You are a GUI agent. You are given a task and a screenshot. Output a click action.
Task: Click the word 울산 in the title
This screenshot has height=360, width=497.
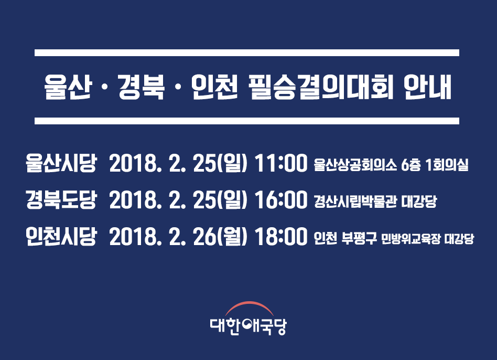point(68,87)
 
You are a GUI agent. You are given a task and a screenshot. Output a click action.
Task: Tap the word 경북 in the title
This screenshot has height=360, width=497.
point(142,87)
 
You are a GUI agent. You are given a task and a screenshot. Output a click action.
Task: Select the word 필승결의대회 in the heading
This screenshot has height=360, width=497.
point(321,87)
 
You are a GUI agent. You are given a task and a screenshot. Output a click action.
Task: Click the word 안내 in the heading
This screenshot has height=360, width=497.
point(428,87)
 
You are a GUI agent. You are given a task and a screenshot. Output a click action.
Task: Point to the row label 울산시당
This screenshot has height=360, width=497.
point(61,163)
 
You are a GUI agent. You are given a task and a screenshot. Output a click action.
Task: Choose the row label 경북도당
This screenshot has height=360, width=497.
point(61,200)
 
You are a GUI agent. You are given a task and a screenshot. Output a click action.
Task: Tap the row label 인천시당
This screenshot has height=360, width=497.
point(61,236)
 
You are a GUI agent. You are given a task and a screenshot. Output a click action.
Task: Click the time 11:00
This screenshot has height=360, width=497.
point(281,163)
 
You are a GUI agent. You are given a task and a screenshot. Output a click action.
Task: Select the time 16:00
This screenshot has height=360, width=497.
point(281,200)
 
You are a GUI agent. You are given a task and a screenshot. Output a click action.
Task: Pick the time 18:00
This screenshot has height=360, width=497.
point(281,236)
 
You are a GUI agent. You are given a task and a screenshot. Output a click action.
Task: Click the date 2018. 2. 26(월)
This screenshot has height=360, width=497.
point(178,237)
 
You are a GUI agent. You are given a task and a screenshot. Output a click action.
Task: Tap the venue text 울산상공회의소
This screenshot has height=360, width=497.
point(355,165)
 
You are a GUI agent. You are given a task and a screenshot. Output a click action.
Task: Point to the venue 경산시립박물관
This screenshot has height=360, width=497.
point(355,202)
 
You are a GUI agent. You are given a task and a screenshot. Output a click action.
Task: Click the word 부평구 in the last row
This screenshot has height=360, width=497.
point(359,238)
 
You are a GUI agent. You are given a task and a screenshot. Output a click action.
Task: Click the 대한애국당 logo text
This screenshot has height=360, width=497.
point(248,326)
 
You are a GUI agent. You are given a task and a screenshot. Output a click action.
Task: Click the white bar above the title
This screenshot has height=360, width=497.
point(247,52)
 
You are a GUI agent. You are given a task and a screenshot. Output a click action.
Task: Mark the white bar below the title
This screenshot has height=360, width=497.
point(247,121)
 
